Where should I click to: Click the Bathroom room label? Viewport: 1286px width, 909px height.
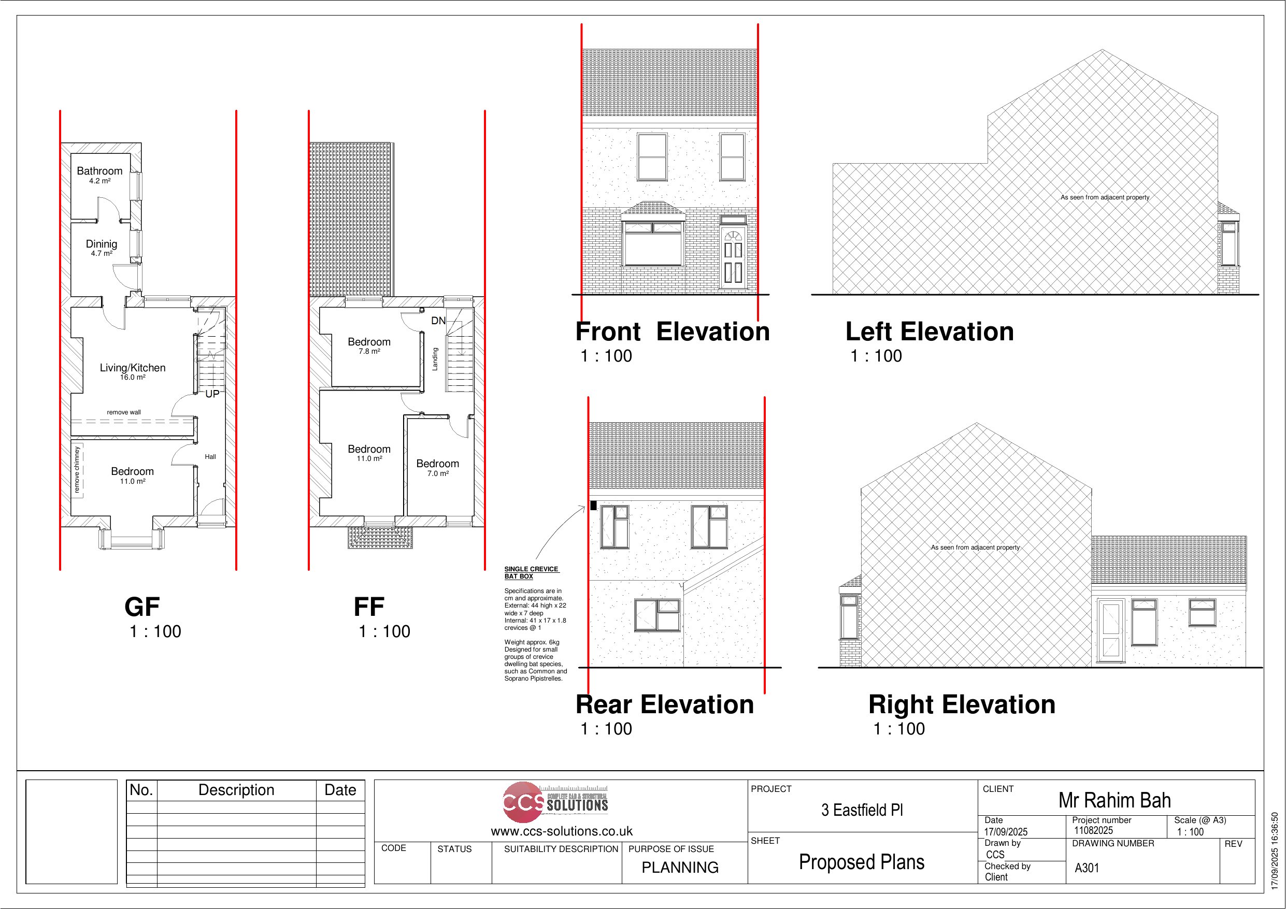pos(99,171)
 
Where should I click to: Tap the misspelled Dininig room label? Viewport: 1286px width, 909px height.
pos(102,243)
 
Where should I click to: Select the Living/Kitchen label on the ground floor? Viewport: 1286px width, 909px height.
pos(133,367)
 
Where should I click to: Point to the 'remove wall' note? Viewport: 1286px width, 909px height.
pos(124,412)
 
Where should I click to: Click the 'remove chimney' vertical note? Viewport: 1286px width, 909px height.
pos(77,470)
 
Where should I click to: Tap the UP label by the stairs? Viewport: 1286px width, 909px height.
pos(212,394)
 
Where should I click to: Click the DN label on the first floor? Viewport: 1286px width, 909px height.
pos(438,321)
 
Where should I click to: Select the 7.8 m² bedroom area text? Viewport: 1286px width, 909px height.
pos(369,352)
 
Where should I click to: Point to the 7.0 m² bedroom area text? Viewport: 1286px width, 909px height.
pos(438,474)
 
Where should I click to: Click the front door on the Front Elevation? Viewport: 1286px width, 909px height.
pos(733,257)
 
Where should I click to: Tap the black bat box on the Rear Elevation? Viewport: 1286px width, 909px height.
pos(594,505)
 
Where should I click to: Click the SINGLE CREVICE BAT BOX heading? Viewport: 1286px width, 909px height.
pos(532,572)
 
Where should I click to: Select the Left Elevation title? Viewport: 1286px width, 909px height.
pos(929,331)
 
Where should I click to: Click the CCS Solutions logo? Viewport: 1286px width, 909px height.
pos(555,802)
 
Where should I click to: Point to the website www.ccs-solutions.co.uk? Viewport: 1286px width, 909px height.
pos(562,831)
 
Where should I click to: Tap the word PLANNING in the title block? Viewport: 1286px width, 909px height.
pos(680,868)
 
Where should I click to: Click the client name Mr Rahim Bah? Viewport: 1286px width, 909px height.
pos(1114,800)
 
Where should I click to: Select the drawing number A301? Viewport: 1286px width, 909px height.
pos(1087,868)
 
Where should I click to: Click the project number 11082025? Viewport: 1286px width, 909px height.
pos(1093,831)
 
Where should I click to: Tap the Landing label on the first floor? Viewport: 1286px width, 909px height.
pos(435,359)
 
